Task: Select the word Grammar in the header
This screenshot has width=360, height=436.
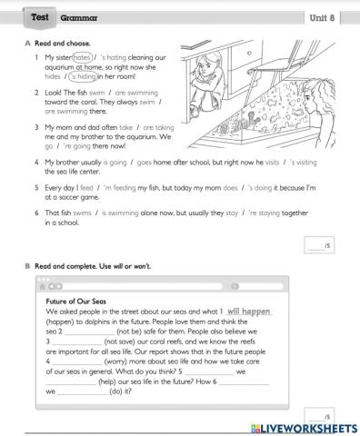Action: [x=79, y=18]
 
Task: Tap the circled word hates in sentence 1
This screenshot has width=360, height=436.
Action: [x=83, y=56]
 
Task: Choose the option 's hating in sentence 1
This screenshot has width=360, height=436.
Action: [x=117, y=56]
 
